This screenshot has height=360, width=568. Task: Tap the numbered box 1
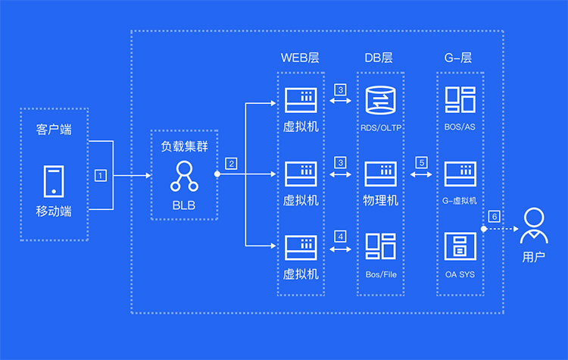100,175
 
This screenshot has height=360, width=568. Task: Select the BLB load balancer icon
183,176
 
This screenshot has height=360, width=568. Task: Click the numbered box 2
231,162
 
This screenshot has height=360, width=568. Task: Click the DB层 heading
379,58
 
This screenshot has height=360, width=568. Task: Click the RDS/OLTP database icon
380,100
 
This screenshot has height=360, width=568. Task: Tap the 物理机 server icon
380,174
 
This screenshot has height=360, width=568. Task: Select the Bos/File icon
380,247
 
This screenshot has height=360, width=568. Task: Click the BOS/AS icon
460,100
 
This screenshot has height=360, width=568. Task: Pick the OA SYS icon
460,247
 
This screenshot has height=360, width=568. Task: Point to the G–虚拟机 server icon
460,174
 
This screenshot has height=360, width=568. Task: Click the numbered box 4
340,236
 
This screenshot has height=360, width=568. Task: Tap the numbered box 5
421,162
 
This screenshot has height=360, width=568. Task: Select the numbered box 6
494,216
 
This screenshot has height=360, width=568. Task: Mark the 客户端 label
54,130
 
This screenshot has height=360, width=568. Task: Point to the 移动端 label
54,211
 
